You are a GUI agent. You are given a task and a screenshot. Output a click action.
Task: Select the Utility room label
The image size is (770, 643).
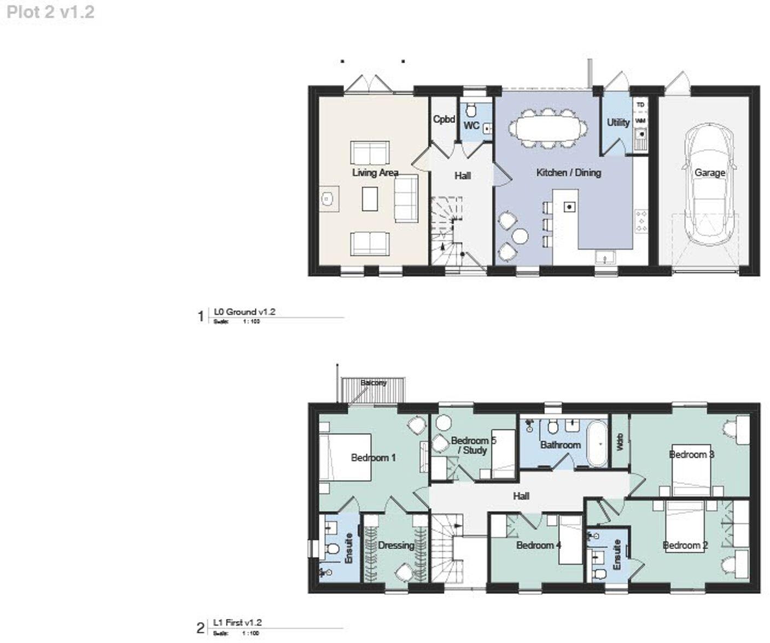[x=618, y=122]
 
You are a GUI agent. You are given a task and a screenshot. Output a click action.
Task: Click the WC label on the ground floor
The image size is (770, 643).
[x=471, y=126]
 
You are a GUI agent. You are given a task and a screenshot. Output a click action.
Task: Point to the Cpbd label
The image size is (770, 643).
[x=444, y=119]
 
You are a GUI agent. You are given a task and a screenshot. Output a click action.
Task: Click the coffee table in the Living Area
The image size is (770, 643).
[x=370, y=198]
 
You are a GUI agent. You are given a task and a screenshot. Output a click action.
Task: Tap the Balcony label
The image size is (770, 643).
[x=374, y=383]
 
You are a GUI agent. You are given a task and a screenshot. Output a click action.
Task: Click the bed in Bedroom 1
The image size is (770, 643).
[x=346, y=458]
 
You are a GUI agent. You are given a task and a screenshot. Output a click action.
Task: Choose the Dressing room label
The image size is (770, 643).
[x=396, y=545]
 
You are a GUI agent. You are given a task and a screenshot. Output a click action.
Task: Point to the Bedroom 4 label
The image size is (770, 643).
[x=539, y=545]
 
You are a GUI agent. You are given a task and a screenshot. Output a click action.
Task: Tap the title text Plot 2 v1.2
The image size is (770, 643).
[x=50, y=12]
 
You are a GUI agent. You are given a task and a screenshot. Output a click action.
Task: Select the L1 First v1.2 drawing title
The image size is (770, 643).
[x=237, y=622]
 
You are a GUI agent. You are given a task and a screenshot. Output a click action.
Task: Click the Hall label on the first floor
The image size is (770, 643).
[x=521, y=496]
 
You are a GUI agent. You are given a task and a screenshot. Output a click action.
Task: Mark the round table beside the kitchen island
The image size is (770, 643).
[x=521, y=236]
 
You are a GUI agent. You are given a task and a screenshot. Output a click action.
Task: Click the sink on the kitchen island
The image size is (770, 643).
[x=569, y=207]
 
